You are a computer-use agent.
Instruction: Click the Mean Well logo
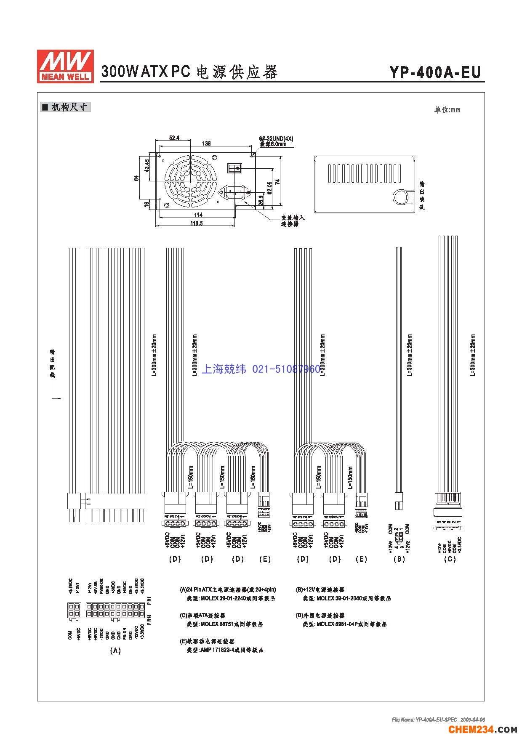[65, 66]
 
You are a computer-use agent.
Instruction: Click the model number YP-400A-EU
[435, 72]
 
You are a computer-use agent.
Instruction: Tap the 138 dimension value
[206, 143]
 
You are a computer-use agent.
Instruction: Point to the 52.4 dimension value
[174, 138]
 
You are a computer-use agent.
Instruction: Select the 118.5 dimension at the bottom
[196, 223]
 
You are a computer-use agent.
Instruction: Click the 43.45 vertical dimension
[147, 166]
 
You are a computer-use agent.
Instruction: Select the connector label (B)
[399, 559]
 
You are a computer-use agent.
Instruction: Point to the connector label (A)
[115, 650]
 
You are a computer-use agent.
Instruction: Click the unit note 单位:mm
[447, 110]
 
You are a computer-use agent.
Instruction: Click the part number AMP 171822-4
[217, 650]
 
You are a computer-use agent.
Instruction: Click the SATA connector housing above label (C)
[447, 504]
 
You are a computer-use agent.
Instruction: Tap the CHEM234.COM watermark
[482, 729]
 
